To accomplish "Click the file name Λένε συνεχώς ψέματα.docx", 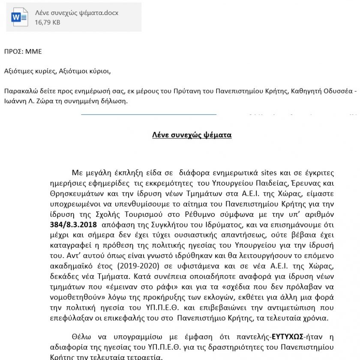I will (77, 13).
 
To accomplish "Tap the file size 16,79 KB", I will (47, 22).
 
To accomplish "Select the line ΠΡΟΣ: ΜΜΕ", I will (23, 52).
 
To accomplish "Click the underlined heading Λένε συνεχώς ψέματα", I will (192, 135).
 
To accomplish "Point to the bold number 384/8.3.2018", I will (73, 225).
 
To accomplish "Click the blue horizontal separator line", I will (148, 114).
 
